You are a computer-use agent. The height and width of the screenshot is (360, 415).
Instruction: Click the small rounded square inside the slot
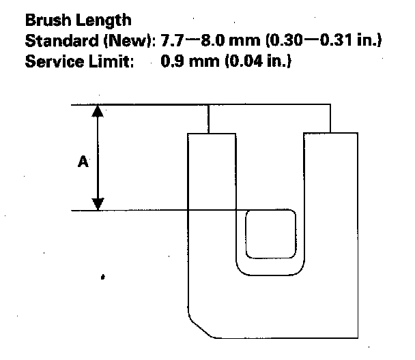click(x=270, y=234)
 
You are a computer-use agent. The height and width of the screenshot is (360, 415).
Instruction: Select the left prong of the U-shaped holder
click(x=212, y=198)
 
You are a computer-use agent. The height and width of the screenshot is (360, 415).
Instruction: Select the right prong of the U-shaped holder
click(x=330, y=198)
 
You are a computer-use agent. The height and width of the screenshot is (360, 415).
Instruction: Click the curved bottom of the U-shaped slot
click(x=270, y=271)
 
